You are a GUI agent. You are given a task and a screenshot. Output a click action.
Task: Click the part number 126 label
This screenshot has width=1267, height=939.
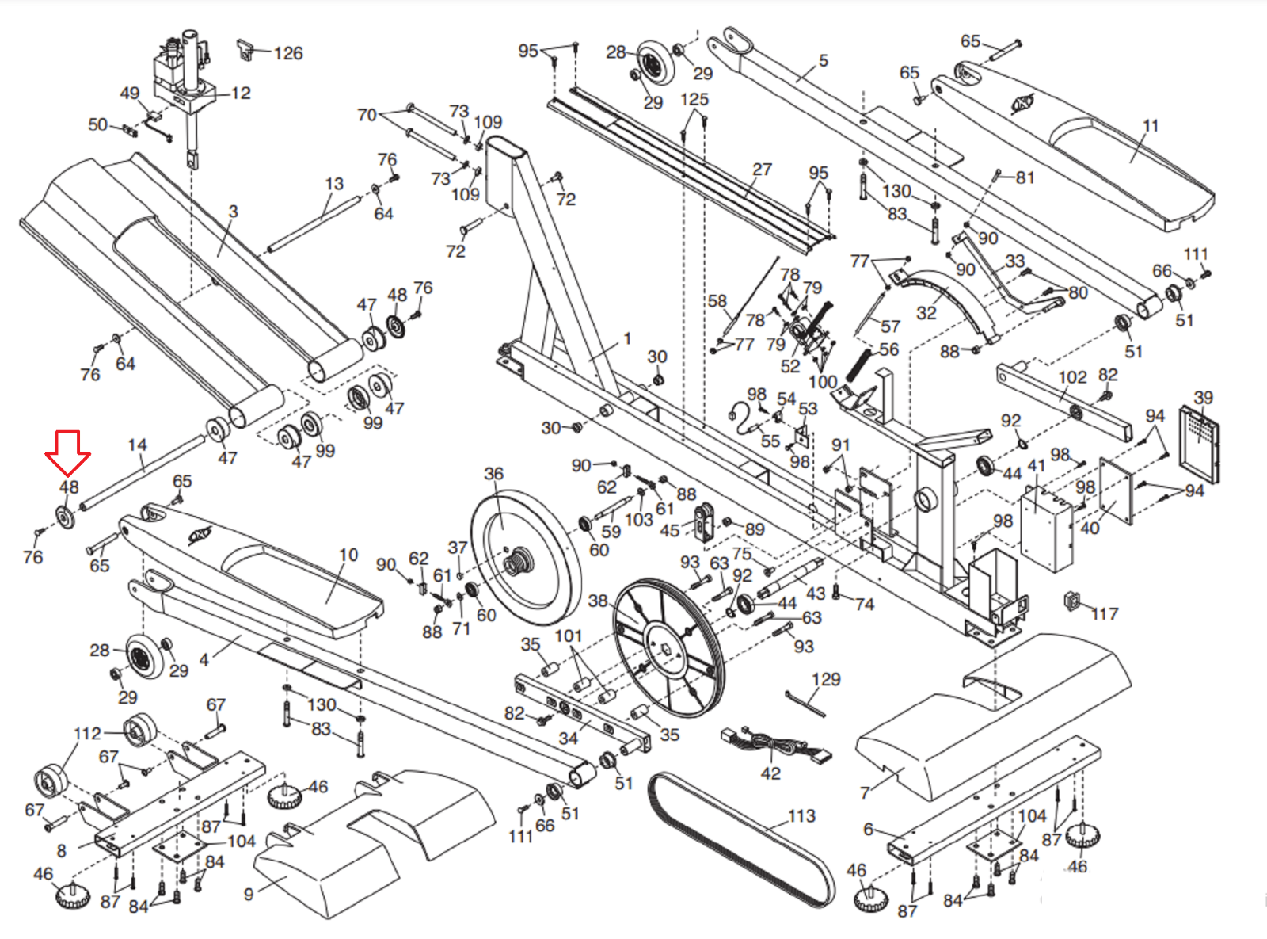tap(288, 53)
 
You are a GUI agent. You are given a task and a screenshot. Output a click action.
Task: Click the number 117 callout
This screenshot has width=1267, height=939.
tap(1105, 613)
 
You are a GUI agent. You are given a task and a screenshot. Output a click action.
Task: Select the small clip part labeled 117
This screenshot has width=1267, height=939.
tap(1073, 601)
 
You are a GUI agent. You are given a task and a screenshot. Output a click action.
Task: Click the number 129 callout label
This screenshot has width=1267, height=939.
tap(826, 679)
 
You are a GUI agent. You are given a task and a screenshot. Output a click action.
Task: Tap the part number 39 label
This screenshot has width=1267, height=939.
tap(1203, 398)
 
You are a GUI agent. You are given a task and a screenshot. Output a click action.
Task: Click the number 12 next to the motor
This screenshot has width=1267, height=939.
tap(241, 94)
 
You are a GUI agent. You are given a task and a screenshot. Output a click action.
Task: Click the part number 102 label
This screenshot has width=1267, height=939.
tap(1072, 377)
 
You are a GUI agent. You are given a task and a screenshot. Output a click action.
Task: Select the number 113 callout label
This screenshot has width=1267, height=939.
tap(801, 815)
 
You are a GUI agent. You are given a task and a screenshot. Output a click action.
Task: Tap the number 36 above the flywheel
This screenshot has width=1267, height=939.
tap(493, 474)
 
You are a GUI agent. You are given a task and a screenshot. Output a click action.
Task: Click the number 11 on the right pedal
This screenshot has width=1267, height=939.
tap(1151, 125)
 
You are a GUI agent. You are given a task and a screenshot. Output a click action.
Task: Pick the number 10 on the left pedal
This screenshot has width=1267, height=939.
tap(348, 555)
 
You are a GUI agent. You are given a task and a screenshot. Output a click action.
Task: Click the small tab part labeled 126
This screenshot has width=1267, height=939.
tap(245, 50)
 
